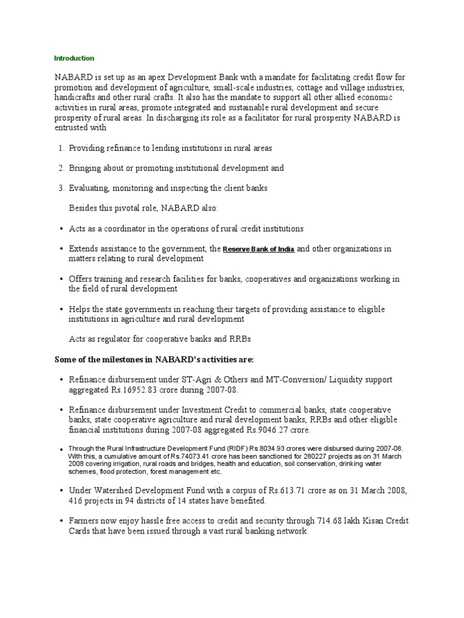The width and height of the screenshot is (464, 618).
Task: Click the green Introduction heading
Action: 74,59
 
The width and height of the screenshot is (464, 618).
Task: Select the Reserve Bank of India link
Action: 259,249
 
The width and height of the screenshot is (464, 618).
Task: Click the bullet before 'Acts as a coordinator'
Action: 62,229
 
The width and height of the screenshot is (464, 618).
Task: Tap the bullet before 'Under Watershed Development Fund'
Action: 62,492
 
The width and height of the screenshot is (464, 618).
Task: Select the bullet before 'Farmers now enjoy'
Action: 62,521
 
